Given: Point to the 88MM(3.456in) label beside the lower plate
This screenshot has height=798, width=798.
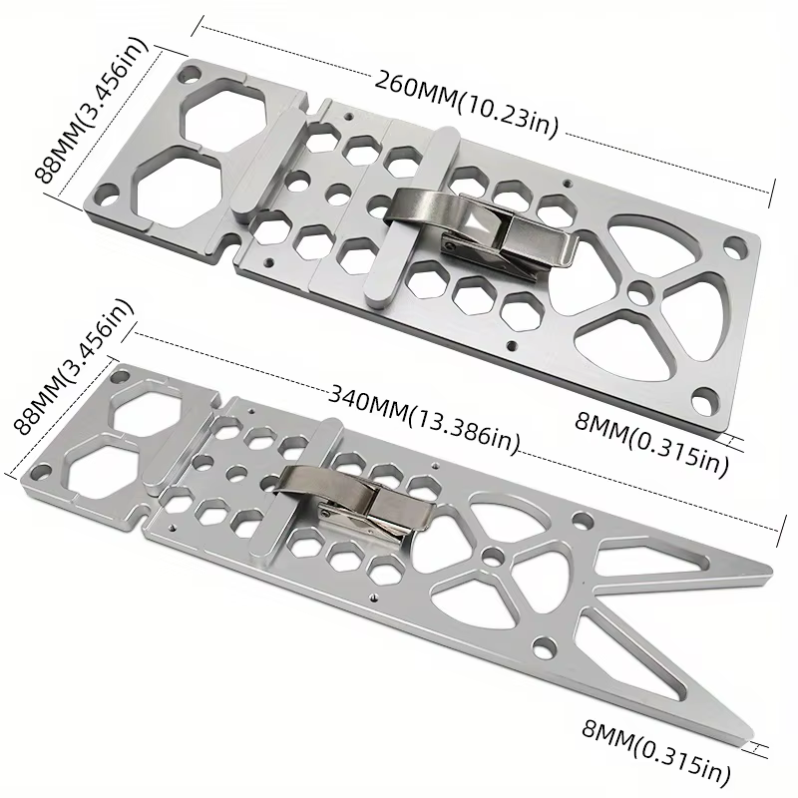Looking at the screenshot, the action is tap(72, 365).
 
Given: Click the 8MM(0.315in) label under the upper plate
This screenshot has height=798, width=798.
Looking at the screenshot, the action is tap(651, 445).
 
